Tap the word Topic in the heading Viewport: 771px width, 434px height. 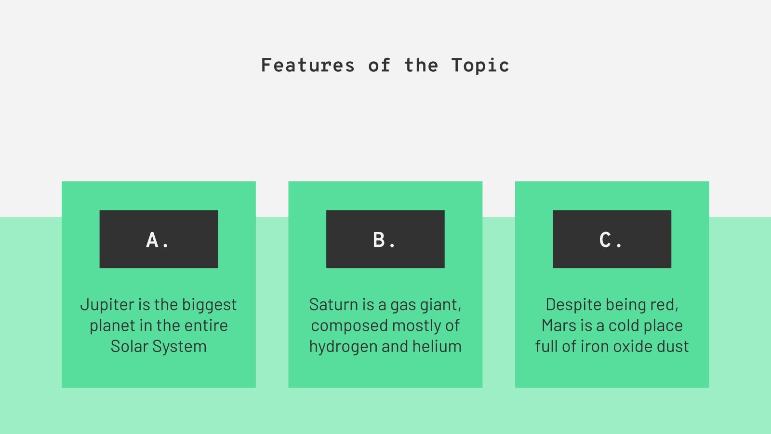(x=480, y=65)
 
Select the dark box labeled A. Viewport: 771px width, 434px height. (x=159, y=239)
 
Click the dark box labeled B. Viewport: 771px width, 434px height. (x=385, y=239)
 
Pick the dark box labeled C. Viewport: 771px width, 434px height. (x=612, y=239)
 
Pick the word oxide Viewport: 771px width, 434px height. (x=638, y=346)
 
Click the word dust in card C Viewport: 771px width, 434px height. (x=676, y=346)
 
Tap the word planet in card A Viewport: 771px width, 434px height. (x=112, y=325)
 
